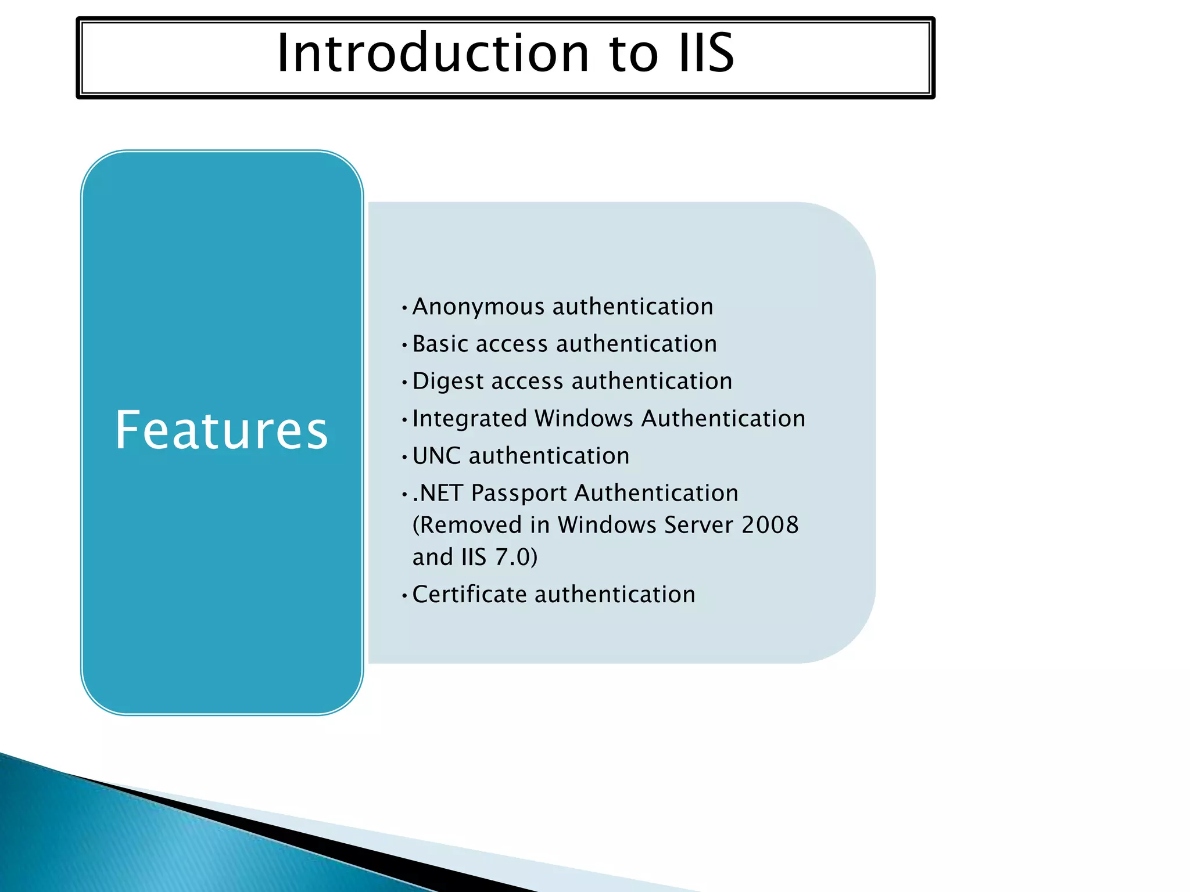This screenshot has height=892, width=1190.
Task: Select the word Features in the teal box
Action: [x=221, y=430]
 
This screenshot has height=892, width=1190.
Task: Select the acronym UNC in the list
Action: [x=436, y=456]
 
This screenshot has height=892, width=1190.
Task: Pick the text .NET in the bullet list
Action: [x=438, y=494]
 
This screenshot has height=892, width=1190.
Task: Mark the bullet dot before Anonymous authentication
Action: [x=404, y=308]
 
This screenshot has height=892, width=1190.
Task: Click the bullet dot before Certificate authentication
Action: [x=404, y=596]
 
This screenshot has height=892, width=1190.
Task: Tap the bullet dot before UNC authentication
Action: [x=404, y=458]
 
